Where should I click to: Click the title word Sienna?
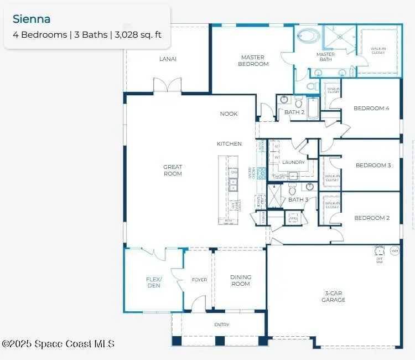[x=32, y=19]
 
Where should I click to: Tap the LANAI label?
[x=168, y=59]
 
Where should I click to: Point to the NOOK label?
[x=229, y=114]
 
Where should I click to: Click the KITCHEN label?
[x=229, y=143]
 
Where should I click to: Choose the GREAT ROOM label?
[x=173, y=170]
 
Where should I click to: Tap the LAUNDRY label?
[x=293, y=162]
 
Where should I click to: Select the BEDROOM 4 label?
[x=371, y=108]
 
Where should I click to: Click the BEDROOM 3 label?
[x=373, y=165]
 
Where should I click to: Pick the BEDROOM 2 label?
[x=371, y=218]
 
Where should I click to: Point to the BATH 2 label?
[x=294, y=112]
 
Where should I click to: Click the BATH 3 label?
[x=298, y=199]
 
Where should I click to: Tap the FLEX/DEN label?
[x=154, y=282]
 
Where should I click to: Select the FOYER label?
[x=199, y=280]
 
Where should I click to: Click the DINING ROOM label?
[x=240, y=280]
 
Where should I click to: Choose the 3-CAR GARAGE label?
[x=333, y=296]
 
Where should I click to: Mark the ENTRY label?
[x=221, y=325]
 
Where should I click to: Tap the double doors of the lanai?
[x=167, y=85]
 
